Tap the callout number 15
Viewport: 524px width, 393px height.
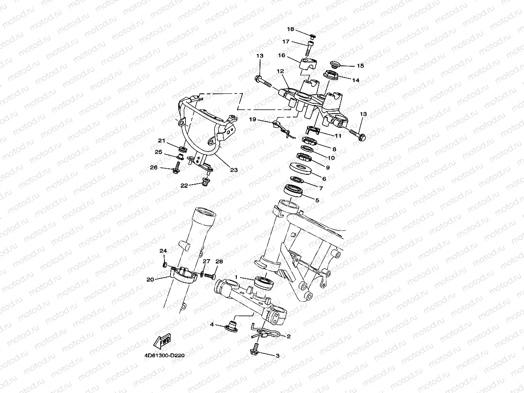[360, 66]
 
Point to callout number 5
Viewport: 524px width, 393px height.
[317, 200]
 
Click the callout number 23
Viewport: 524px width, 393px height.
[234, 170]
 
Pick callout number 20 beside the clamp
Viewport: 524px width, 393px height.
[150, 279]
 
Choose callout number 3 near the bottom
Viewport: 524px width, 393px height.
[277, 356]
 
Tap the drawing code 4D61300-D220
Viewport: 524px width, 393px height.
[164, 356]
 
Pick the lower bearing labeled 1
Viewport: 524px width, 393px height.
[264, 282]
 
